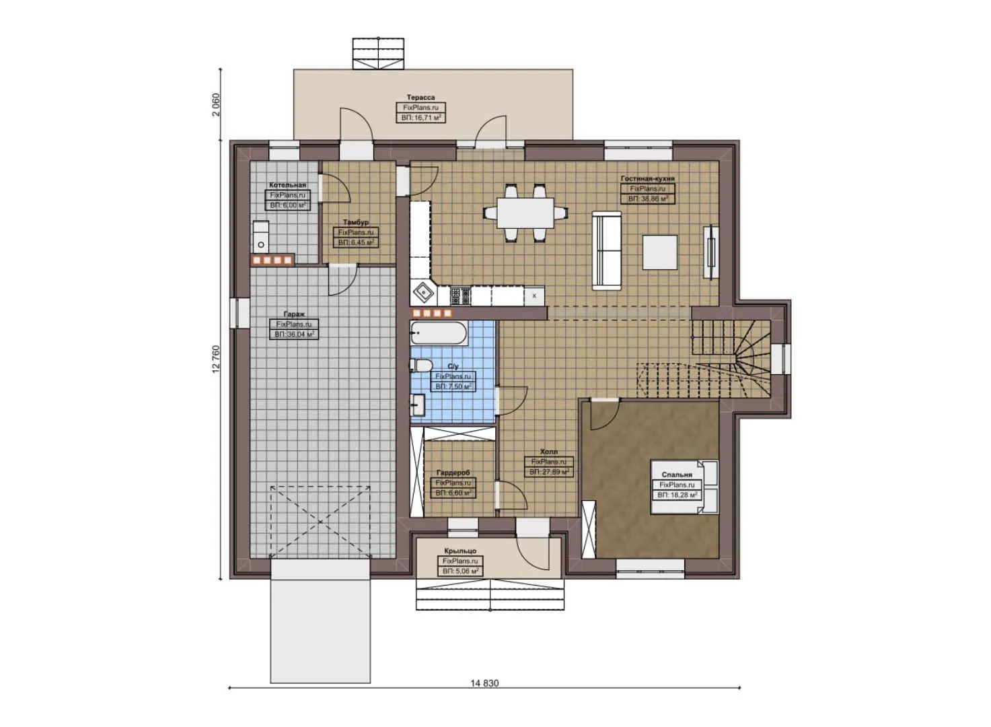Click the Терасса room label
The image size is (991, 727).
[420, 98]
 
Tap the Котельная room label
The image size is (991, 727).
[287, 185]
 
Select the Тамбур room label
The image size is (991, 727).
[355, 222]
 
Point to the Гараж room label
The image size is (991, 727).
[294, 314]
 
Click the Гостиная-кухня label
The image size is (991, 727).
[647, 179]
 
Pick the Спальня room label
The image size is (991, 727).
[676, 475]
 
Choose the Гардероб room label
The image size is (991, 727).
[453, 473]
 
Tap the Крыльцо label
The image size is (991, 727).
[460, 551]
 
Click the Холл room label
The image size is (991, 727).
[548, 452]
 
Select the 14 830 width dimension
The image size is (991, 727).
[484, 683]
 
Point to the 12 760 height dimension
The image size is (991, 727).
[216, 359]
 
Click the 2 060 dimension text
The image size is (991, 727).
[216, 104]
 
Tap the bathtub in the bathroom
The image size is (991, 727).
[438, 331]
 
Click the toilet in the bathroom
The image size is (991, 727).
[421, 366]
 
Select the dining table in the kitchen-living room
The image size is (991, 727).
[525, 211]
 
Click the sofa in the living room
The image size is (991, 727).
[607, 250]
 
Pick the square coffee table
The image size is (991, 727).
[659, 252]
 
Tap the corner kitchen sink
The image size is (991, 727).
[424, 293]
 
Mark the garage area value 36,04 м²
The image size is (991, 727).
[294, 334]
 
